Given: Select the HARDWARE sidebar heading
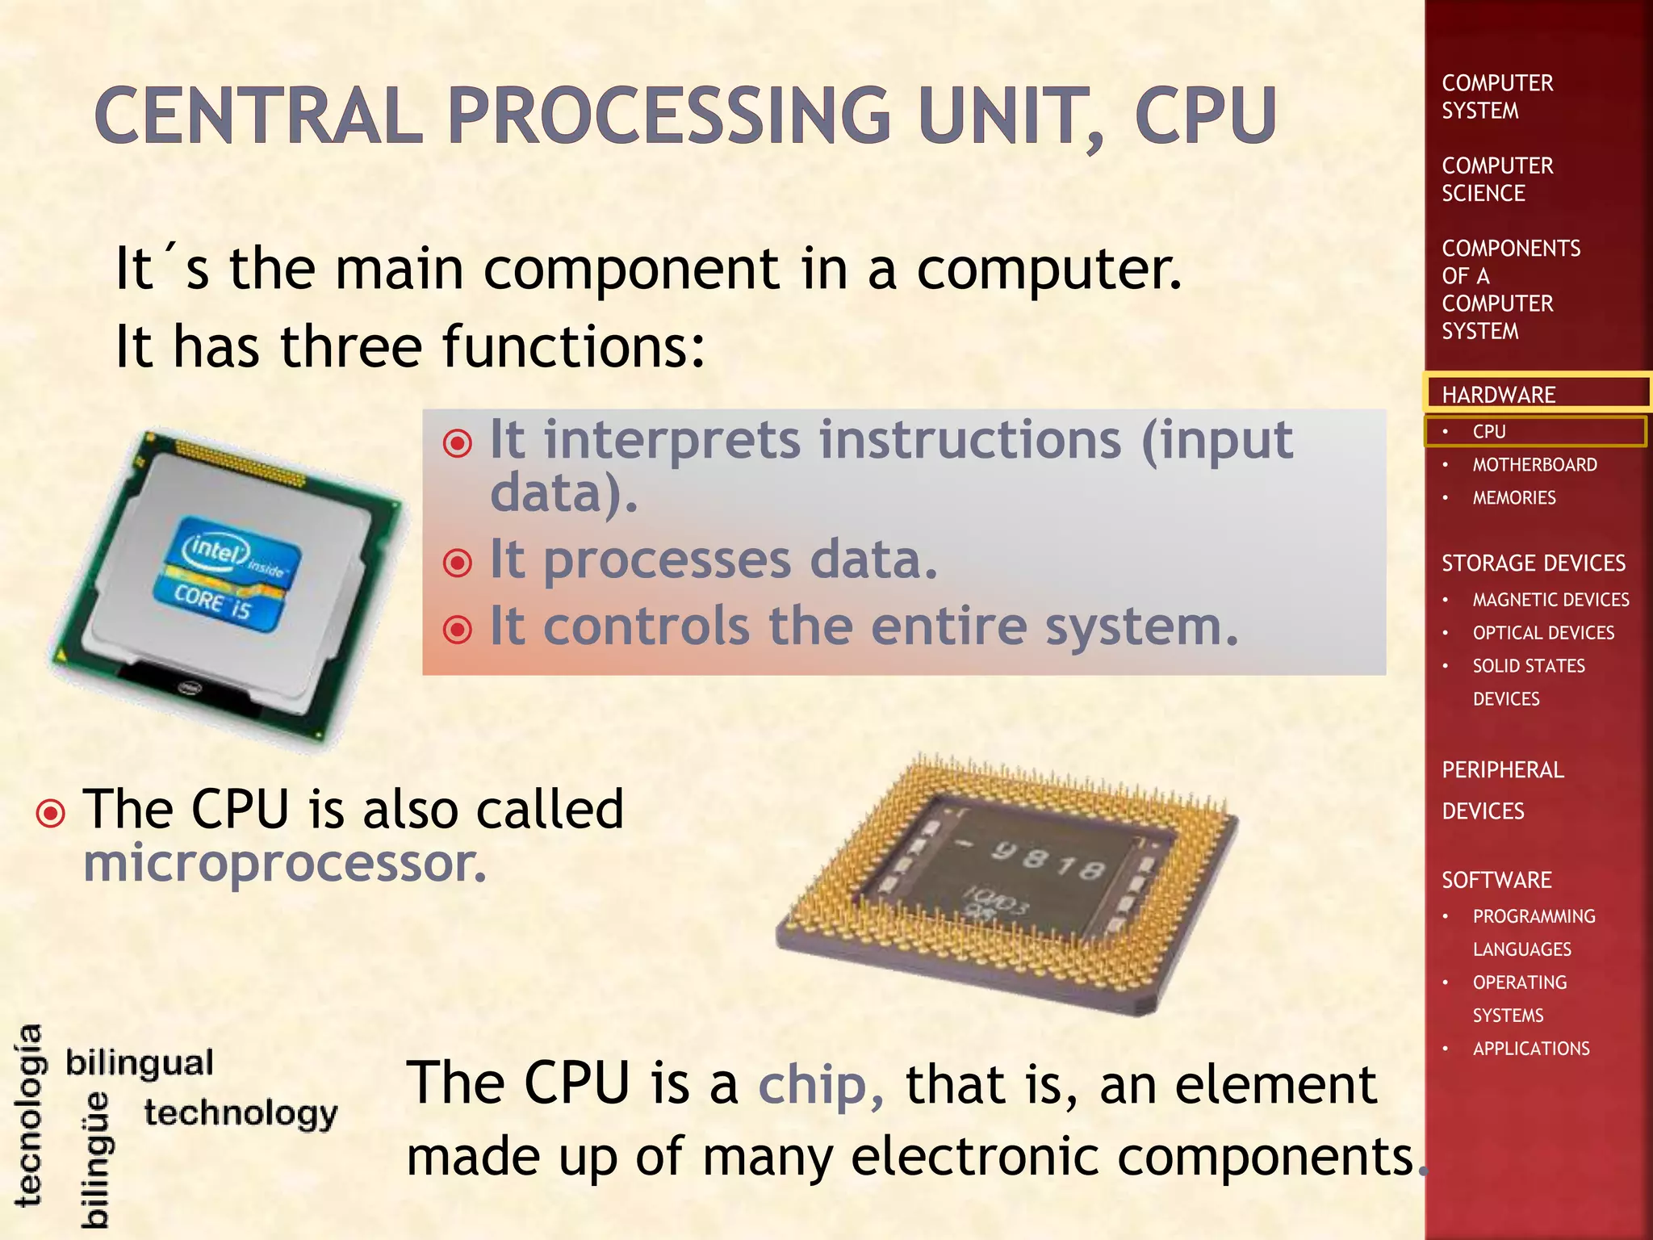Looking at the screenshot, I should click(1498, 395).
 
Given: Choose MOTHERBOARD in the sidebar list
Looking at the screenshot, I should click(1534, 465).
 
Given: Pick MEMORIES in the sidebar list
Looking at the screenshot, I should click(1514, 498).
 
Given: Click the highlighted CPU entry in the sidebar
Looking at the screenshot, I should click(1489, 432).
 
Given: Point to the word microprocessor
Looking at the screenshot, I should click(285, 863).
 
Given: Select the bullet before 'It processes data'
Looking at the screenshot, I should click(458, 562).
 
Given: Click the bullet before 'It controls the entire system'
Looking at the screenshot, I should click(458, 629).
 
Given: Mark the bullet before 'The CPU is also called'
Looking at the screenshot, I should click(51, 813).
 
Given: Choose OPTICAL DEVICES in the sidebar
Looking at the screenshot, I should click(1543, 633).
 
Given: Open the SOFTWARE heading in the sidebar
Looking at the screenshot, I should click(1496, 880).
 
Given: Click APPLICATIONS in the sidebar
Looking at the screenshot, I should click(1531, 1049).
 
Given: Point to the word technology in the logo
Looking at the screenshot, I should click(241, 1113).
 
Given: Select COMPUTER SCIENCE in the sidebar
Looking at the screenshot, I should click(1497, 179).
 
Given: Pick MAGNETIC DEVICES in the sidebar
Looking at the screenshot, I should click(1550, 600).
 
